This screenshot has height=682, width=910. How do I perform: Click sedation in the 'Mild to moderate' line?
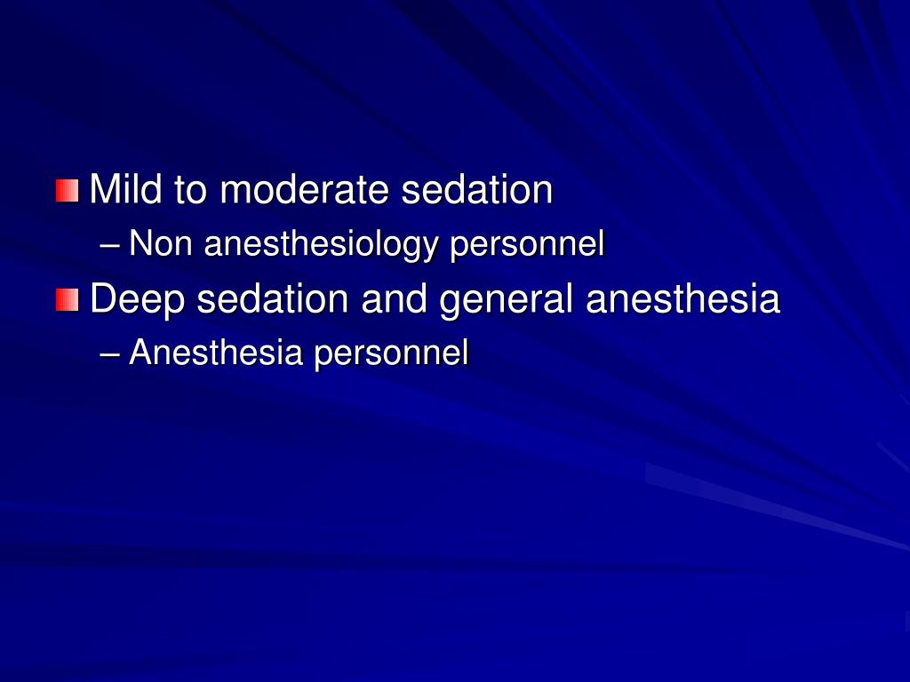(475, 190)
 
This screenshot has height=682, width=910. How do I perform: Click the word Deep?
(138, 300)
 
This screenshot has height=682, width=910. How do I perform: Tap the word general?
(507, 300)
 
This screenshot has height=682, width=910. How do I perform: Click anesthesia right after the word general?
(682, 299)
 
